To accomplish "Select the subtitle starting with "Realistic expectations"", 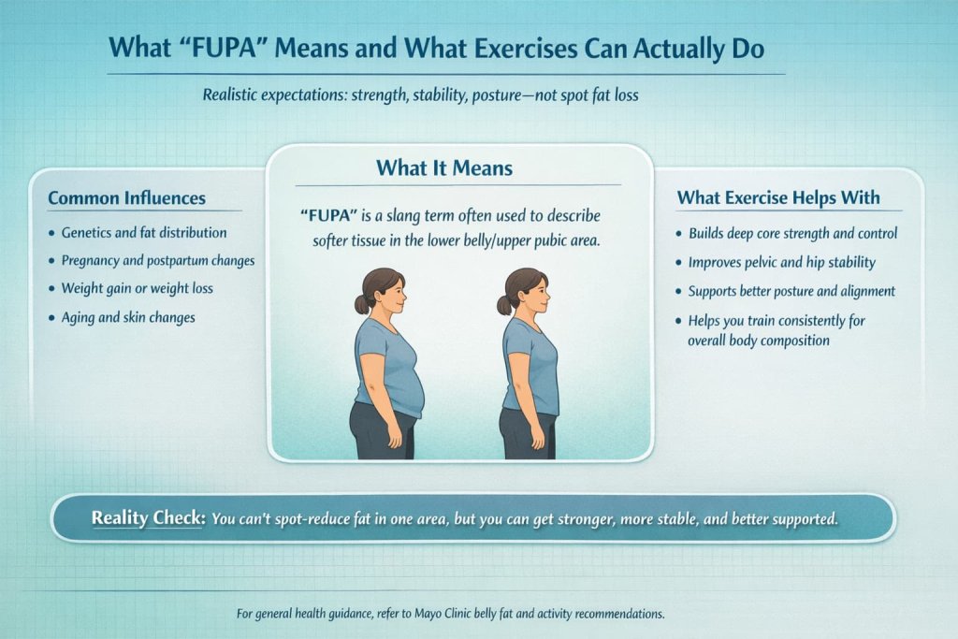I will [419, 95].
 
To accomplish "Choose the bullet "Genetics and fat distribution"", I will [144, 232].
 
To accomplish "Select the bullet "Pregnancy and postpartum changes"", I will [158, 260].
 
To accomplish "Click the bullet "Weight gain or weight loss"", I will [137, 288].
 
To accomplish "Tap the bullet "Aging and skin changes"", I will [128, 317].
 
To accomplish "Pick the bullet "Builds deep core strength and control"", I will [792, 233].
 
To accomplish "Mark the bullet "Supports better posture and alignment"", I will [791, 291].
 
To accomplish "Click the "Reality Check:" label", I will [147, 517].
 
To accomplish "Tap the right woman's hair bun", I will [504, 305].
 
